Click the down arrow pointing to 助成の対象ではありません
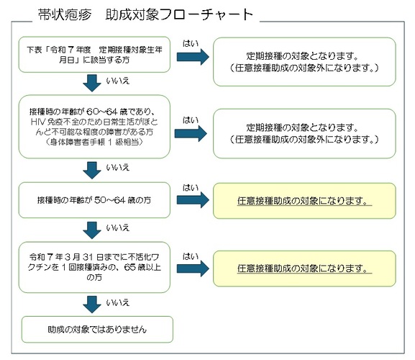(x=92, y=305)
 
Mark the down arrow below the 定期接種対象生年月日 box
(x=92, y=84)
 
